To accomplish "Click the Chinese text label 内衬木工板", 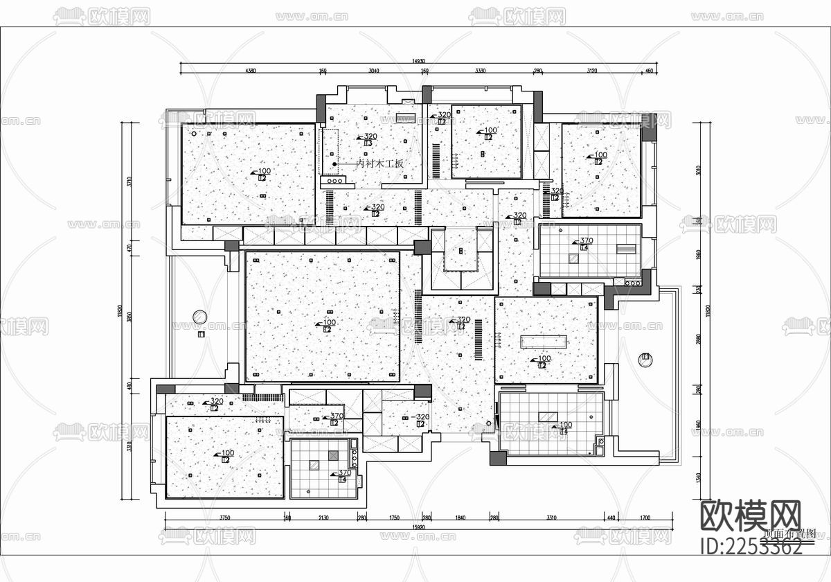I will click(x=379, y=164).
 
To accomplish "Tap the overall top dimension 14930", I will click(x=418, y=62).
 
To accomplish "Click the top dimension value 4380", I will click(x=250, y=71).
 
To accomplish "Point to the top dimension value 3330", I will click(x=480, y=71).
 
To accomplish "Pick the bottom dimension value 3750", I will click(x=225, y=517).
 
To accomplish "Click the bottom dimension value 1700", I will click(x=645, y=517).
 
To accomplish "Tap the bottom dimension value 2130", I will click(x=323, y=517).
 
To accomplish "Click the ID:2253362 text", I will click(x=751, y=547).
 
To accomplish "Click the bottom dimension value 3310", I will click(x=551, y=517).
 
